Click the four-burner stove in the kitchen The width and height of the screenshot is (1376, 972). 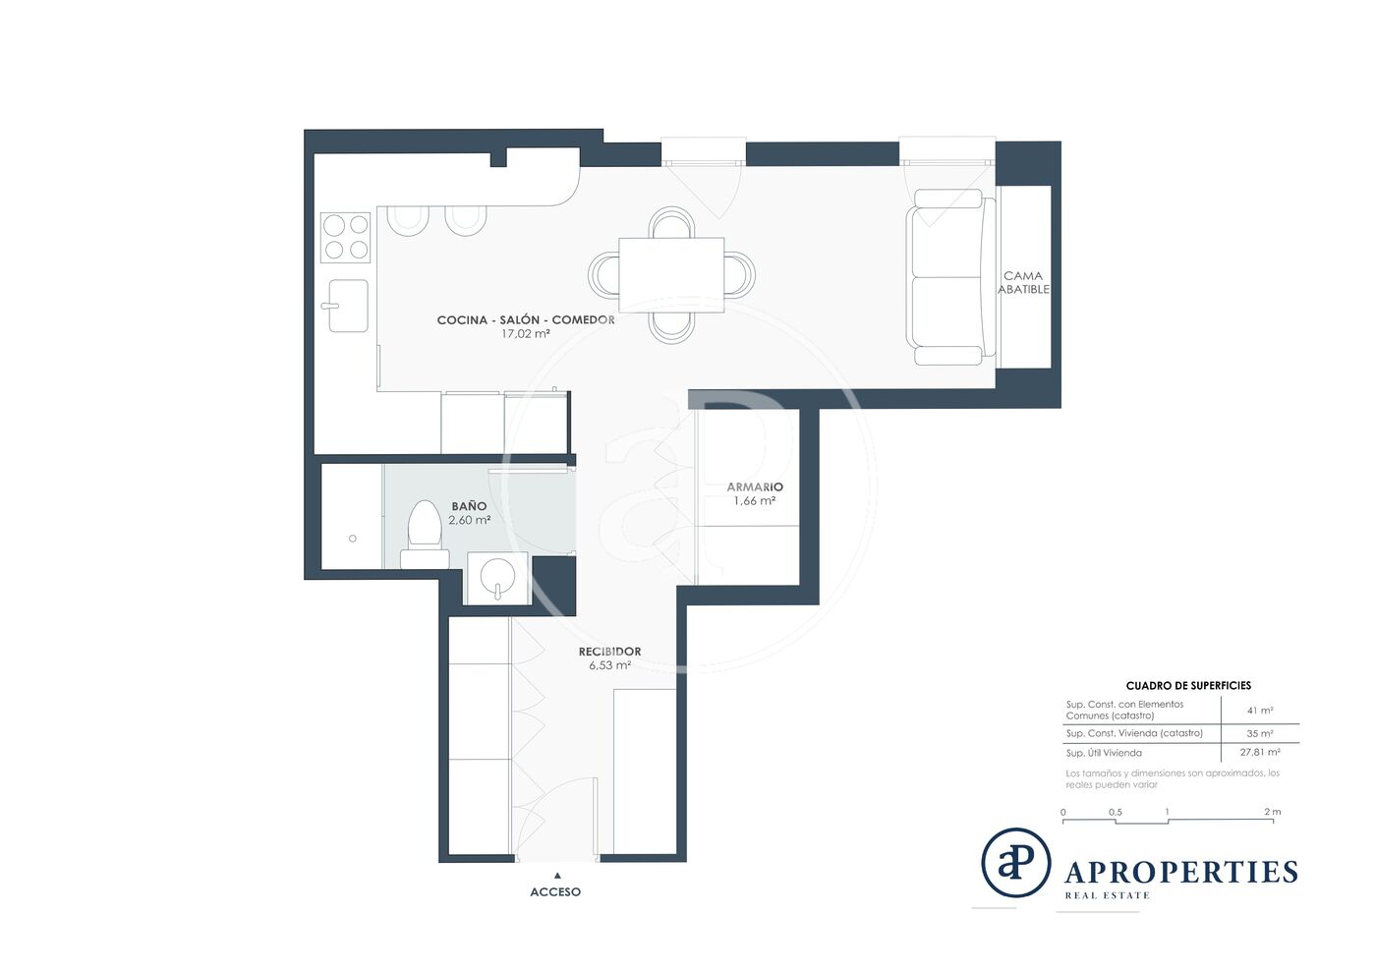click(345, 238)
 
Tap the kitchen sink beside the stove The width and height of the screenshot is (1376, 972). click(348, 306)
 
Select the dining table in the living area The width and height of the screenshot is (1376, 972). click(671, 274)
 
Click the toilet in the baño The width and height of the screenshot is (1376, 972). click(425, 534)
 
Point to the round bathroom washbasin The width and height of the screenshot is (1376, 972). click(497, 578)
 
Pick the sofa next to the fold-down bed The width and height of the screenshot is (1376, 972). click(950, 277)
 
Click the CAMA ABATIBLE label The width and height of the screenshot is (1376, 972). click(1023, 283)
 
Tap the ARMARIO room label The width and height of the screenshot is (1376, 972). click(755, 486)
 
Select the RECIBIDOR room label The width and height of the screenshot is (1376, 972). click(609, 652)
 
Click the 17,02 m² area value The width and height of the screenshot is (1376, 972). click(525, 334)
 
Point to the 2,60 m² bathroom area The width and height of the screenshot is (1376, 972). click(470, 521)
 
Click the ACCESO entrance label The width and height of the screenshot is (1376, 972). click(555, 892)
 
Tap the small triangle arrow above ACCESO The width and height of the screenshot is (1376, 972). click(557, 876)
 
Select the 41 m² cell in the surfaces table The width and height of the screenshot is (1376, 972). click(1260, 711)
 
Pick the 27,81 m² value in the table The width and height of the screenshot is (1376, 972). click(1260, 752)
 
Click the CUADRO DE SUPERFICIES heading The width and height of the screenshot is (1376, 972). click(1188, 686)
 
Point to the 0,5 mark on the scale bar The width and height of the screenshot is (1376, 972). click(1115, 812)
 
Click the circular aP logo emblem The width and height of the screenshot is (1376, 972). click(1015, 862)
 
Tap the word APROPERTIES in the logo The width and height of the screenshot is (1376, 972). click(1180, 872)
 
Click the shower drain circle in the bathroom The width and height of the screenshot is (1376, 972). click(353, 539)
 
